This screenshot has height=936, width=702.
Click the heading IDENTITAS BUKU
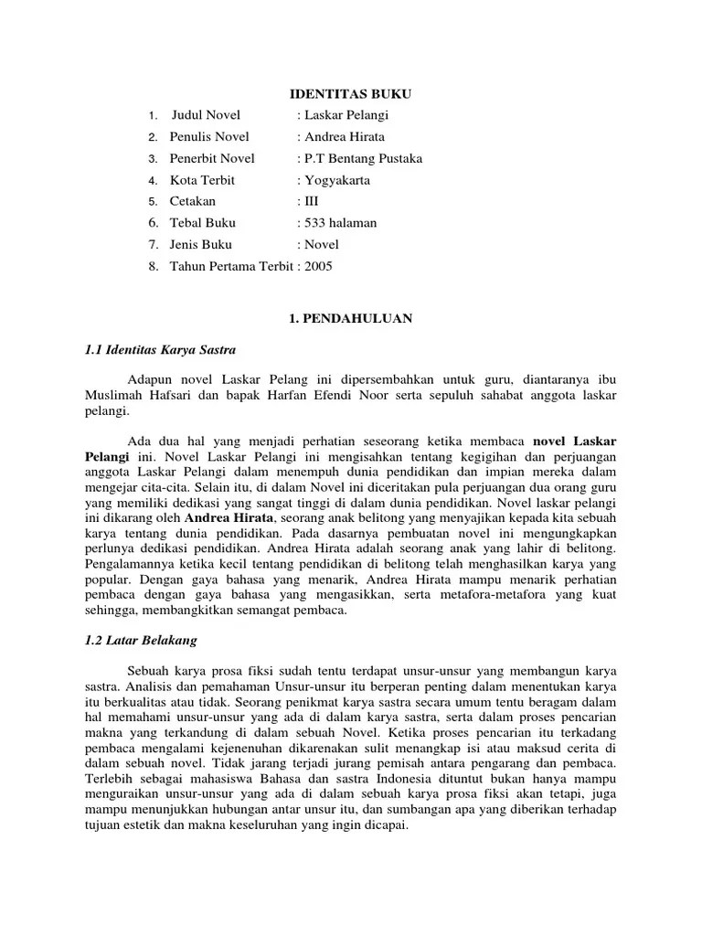(351, 94)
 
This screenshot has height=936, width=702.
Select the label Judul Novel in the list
(207, 115)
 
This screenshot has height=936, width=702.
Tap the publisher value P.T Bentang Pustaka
(360, 159)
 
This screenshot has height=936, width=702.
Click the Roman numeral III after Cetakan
(308, 201)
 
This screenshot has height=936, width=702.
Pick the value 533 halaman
(337, 222)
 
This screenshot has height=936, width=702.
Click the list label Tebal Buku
(202, 222)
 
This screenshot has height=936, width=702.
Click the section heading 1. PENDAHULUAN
(351, 318)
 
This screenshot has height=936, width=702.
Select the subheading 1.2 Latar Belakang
(140, 640)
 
